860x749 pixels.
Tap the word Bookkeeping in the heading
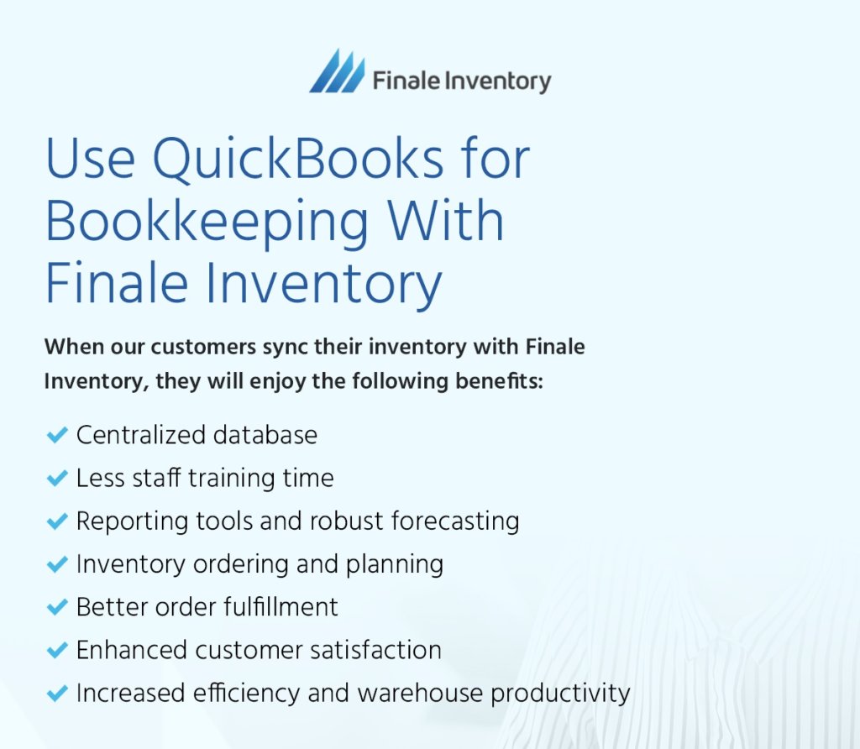coord(207,221)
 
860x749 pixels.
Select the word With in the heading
coord(445,221)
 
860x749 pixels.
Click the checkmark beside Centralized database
coord(56,435)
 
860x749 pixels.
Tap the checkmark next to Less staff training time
coord(56,478)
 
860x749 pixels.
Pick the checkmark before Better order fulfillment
coord(56,607)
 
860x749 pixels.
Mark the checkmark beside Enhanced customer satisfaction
coord(56,650)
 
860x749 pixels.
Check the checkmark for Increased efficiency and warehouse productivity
coord(56,693)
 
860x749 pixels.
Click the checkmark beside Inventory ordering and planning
coord(56,564)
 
